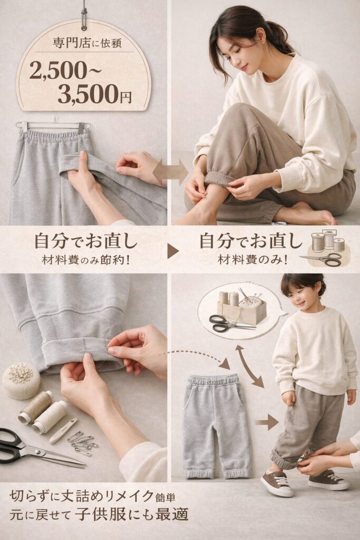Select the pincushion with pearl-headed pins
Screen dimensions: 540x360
(x=21, y=380)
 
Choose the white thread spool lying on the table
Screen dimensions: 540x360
(x=50, y=416)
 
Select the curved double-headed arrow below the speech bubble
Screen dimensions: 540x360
(x=249, y=366)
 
